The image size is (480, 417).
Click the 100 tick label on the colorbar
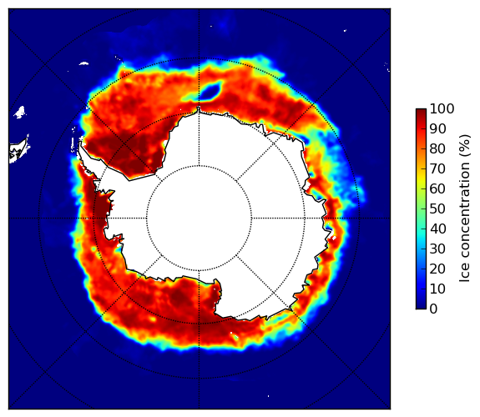point(442,108)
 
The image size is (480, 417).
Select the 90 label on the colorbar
point(437,128)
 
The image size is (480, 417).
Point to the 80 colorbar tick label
point(437,148)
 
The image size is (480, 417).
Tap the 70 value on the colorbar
point(437,168)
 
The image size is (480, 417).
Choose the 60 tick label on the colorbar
point(437,188)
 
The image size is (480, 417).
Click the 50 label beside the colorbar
point(437,209)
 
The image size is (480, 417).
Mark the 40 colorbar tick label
point(437,229)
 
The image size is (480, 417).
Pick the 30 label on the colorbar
point(437,249)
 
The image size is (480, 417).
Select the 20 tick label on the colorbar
point(437,269)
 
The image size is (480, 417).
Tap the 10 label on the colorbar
point(437,289)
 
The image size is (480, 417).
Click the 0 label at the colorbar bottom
point(433,309)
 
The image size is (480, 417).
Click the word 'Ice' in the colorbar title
point(464,274)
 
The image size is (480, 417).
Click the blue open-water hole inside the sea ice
point(210,90)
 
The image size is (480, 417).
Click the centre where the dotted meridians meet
point(199,219)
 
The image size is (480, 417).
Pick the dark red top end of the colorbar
point(421,113)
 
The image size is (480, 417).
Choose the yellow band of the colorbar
point(421,183)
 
